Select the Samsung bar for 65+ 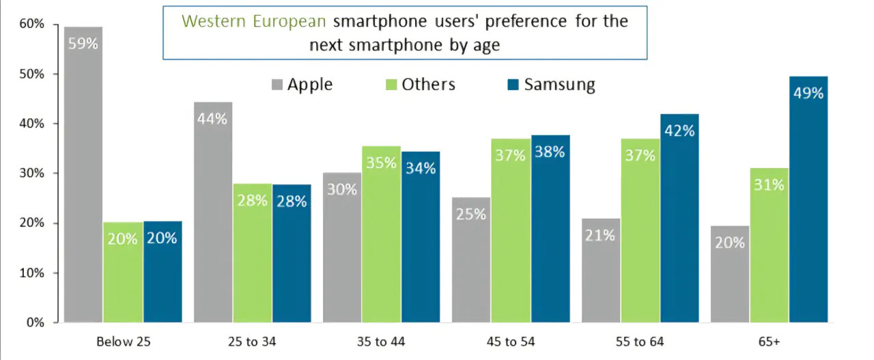[x=808, y=205]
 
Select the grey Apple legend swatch [x=277, y=85]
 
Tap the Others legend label [x=428, y=85]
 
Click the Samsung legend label [x=559, y=85]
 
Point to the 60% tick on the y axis [x=32, y=25]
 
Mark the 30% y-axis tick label [x=32, y=174]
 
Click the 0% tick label [x=35, y=322]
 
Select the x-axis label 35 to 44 [x=381, y=342]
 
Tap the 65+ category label [x=768, y=342]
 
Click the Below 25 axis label [x=123, y=342]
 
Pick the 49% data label [x=808, y=93]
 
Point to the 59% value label [x=83, y=44]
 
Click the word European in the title [x=291, y=20]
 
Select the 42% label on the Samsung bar [x=679, y=130]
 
